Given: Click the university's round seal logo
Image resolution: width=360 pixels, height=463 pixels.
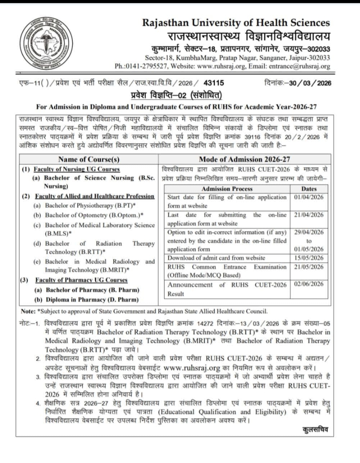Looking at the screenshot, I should point(46,44).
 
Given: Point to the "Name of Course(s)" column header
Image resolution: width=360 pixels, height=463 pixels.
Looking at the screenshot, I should point(89,159).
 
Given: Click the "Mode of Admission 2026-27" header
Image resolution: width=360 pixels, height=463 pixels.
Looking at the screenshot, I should point(244,159).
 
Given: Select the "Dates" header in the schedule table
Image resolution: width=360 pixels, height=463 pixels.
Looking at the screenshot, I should point(309,189).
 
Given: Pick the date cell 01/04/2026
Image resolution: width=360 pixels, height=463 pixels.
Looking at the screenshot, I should point(309,197).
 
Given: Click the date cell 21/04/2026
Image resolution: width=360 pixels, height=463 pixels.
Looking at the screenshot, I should point(309,215).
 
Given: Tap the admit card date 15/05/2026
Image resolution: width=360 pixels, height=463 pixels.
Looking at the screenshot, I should point(309,258).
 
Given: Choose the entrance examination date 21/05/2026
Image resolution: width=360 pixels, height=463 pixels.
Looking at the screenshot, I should point(309,267).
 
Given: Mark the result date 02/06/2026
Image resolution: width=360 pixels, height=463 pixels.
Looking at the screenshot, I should point(309,284).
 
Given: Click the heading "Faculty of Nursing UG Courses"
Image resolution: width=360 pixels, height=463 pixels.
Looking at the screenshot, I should point(77,169).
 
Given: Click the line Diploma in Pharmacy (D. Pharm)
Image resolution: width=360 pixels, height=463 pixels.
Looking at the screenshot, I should point(92,300).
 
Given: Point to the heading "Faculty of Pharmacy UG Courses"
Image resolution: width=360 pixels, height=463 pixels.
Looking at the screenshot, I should point(81,280).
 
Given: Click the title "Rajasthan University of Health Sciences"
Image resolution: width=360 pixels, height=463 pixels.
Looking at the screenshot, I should point(236,23).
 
